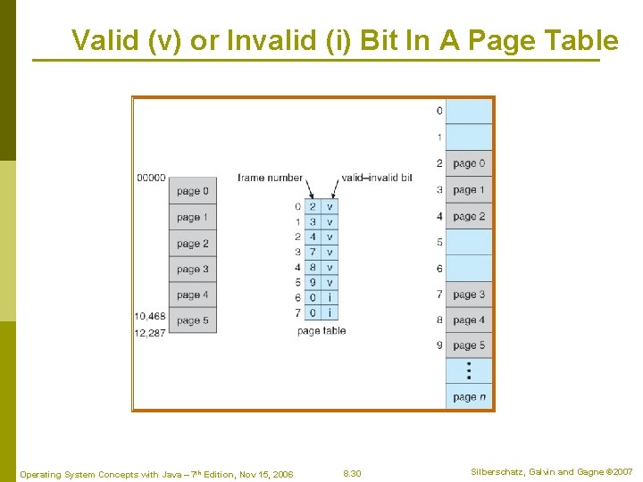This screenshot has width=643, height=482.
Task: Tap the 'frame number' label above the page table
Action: coord(270,178)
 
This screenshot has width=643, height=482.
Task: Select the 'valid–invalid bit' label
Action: coord(376,178)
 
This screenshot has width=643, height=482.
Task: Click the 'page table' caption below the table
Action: coord(321,331)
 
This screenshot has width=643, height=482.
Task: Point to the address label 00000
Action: coord(151,178)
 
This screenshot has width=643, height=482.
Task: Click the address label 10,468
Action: coord(150,316)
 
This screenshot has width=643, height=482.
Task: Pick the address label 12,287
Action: coord(150,333)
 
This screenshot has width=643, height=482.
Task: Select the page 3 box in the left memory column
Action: coord(193,270)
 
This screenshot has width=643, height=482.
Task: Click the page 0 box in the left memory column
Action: coord(193,191)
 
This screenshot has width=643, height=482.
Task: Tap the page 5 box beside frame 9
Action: coord(469,345)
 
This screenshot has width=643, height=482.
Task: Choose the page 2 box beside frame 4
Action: coord(469,216)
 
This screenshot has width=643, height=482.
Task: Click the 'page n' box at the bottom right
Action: coord(469,397)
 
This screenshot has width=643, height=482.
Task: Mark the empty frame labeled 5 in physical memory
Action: coord(469,242)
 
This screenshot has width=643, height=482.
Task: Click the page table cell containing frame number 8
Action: coord(313,267)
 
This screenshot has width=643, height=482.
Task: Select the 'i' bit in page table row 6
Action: coord(330,297)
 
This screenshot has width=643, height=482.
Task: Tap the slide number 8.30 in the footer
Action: coord(352,473)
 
